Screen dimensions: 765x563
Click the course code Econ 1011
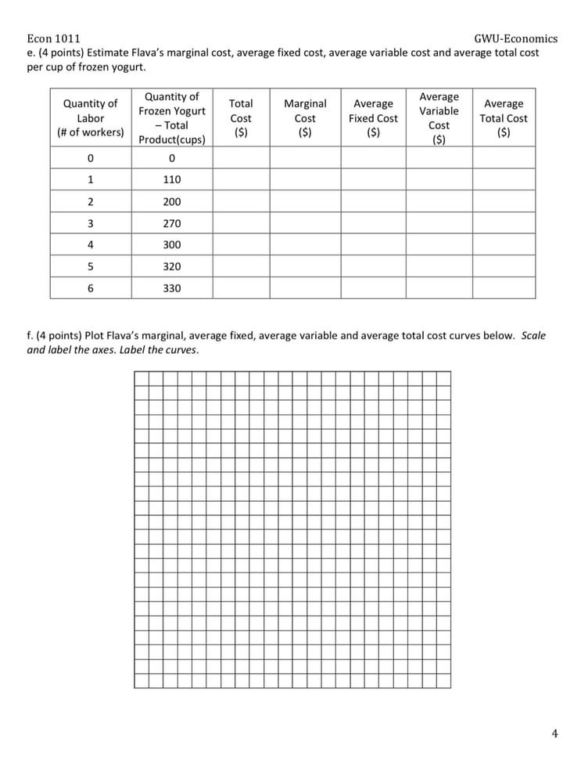(53, 38)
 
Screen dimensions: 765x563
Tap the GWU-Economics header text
(515, 38)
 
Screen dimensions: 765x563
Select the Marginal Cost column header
(305, 118)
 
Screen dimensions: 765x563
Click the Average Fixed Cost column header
(373, 118)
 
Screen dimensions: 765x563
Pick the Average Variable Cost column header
(439, 118)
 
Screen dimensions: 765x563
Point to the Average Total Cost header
(504, 118)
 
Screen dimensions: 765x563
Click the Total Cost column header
(241, 118)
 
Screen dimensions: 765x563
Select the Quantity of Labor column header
(91, 118)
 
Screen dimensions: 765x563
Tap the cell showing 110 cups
(172, 179)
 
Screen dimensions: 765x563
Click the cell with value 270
(172, 223)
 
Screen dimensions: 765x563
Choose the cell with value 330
(172, 288)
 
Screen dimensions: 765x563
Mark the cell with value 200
(172, 201)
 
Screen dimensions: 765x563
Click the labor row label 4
(91, 244)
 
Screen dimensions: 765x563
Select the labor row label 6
(91, 288)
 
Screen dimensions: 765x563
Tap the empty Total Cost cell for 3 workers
(241, 223)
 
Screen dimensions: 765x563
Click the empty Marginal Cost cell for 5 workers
(305, 266)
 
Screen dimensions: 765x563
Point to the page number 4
(554, 733)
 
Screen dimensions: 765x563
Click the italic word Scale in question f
(533, 336)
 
